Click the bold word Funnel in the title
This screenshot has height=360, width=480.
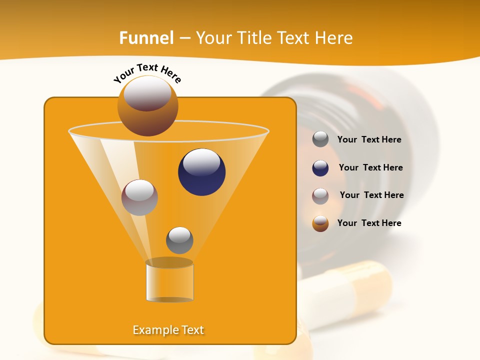pyautogui.click(x=146, y=38)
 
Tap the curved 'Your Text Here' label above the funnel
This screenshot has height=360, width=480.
pyautogui.click(x=147, y=72)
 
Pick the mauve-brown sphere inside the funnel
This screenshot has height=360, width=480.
pyautogui.click(x=139, y=197)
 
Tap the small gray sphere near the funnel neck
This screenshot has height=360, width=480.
pyautogui.click(x=179, y=240)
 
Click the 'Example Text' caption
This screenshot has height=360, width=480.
pyautogui.click(x=168, y=330)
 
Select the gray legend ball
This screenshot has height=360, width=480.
pyautogui.click(x=320, y=139)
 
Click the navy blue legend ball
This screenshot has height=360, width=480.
pyautogui.click(x=320, y=168)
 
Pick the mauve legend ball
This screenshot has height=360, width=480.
pyautogui.click(x=320, y=195)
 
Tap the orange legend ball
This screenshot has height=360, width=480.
pyautogui.click(x=320, y=223)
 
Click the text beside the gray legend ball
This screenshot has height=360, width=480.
pyautogui.click(x=369, y=140)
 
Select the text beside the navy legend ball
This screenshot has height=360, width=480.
pyautogui.click(x=370, y=168)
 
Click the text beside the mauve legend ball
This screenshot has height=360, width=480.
pyautogui.click(x=371, y=195)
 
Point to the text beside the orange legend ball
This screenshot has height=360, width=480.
pyautogui.click(x=369, y=223)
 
